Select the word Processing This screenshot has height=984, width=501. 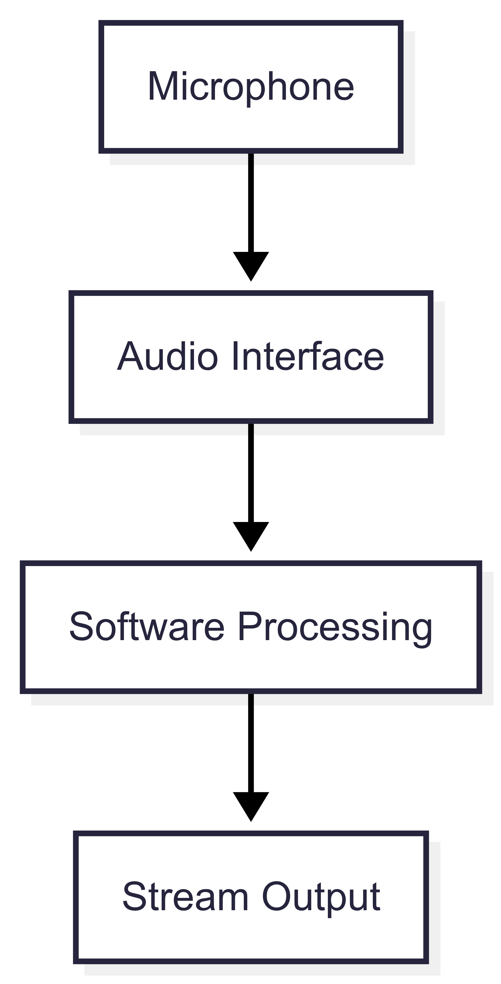click(335, 628)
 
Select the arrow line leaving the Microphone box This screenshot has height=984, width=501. click(251, 202)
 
